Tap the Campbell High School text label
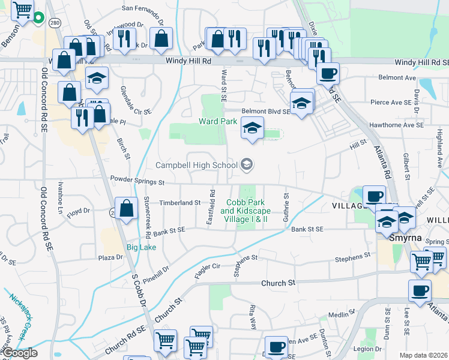[x=196, y=165]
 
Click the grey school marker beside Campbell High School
[x=246, y=164]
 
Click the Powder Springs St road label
[x=137, y=180]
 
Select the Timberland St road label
[x=181, y=203]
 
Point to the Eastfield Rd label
[x=211, y=208]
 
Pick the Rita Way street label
[x=253, y=316]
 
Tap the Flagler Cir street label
[x=208, y=271]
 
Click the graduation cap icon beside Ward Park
[x=253, y=128]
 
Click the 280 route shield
[x=55, y=23]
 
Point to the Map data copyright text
[x=423, y=355]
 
